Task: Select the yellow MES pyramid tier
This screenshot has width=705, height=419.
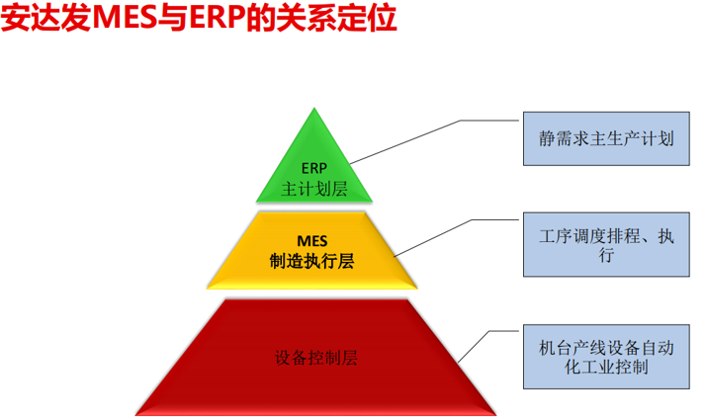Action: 312,250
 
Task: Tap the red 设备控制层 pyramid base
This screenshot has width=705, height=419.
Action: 315,358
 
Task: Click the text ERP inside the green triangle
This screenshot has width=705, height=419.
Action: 313,168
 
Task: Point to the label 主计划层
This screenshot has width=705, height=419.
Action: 314,189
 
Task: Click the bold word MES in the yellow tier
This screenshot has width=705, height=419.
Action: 312,241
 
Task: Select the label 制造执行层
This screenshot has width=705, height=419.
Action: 311,261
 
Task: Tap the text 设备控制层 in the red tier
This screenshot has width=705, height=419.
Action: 316,358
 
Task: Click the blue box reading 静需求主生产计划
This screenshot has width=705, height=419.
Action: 606,138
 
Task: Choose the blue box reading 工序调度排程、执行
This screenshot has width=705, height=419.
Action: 606,244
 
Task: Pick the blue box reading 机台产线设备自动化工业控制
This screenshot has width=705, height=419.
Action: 606,357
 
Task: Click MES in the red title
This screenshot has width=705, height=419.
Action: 125,18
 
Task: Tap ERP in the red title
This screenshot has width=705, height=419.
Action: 217,18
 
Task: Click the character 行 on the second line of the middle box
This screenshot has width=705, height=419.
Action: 606,255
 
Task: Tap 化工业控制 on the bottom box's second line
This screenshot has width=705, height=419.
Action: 606,367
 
